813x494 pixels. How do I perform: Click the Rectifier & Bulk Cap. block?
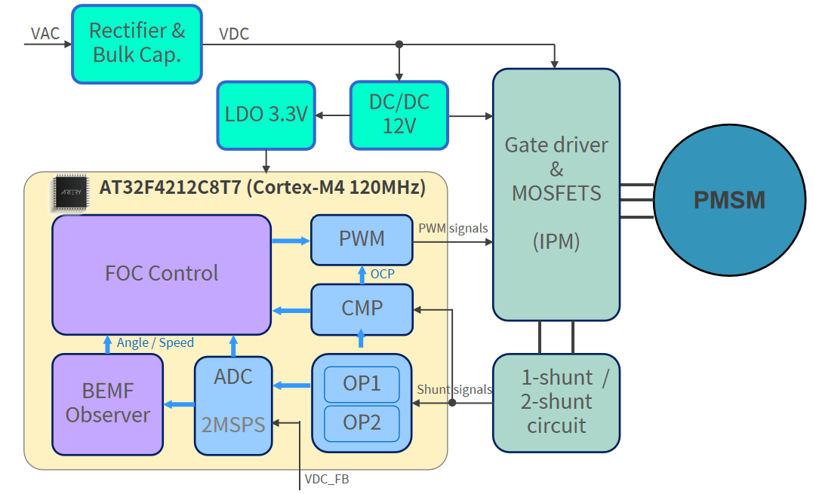tap(137, 44)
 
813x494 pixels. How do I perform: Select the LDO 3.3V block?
tap(266, 115)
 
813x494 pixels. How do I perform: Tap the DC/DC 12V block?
tap(399, 115)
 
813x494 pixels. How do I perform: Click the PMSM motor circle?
tap(729, 200)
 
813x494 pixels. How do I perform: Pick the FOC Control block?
tap(161, 274)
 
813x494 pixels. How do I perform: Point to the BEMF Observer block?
tap(107, 403)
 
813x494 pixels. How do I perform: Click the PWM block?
tap(362, 239)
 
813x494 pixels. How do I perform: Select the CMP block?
tap(362, 308)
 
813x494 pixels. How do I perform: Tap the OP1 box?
tap(362, 384)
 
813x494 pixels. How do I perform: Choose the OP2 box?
tap(362, 423)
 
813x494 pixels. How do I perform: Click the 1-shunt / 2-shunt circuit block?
tap(556, 403)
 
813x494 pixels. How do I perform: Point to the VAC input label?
tap(45, 34)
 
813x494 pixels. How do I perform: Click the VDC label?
tap(234, 34)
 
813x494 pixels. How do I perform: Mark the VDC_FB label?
tap(327, 479)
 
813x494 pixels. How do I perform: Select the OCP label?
tap(383, 274)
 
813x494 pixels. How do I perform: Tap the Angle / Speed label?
tap(156, 343)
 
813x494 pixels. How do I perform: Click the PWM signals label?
tap(453, 228)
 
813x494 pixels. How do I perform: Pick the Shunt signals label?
tap(454, 390)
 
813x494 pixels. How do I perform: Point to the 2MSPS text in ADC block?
tap(233, 425)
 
